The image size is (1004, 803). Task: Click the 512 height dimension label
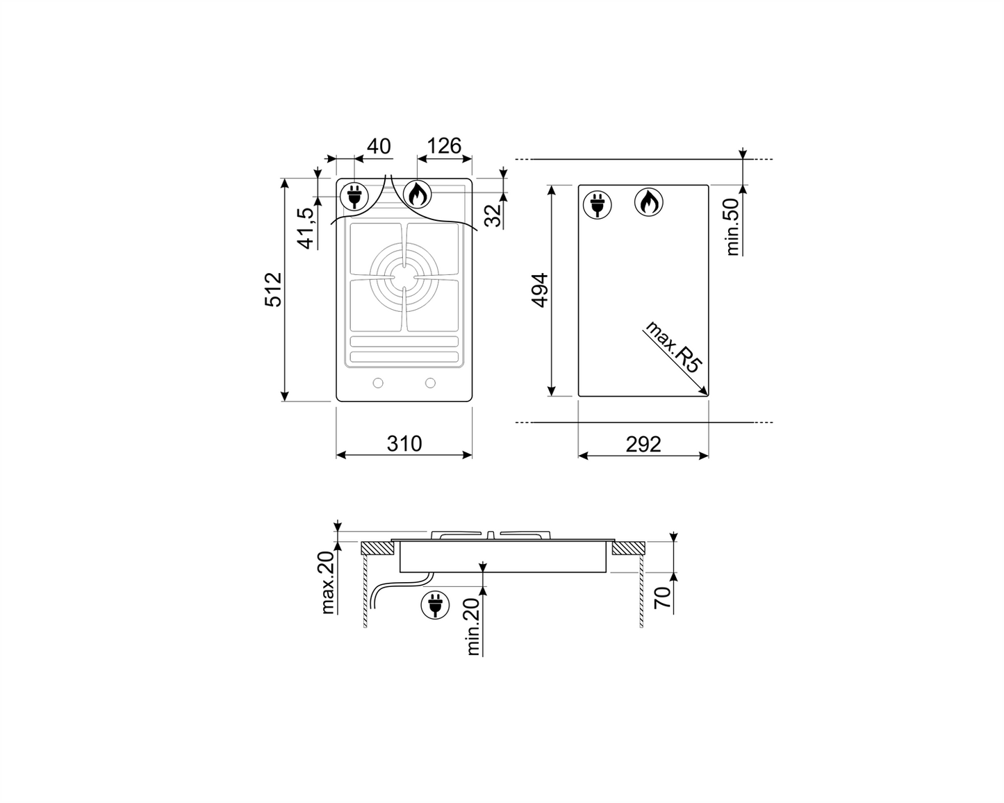(274, 289)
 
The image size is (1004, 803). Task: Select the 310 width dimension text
(404, 444)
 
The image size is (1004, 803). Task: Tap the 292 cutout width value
(643, 444)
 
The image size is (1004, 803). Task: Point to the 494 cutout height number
(540, 290)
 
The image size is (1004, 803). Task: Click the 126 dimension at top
(444, 146)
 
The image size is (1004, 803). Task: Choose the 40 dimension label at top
(379, 146)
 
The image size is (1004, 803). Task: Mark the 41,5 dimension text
(306, 228)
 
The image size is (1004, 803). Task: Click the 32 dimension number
(493, 215)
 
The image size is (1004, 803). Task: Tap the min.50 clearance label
(732, 226)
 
